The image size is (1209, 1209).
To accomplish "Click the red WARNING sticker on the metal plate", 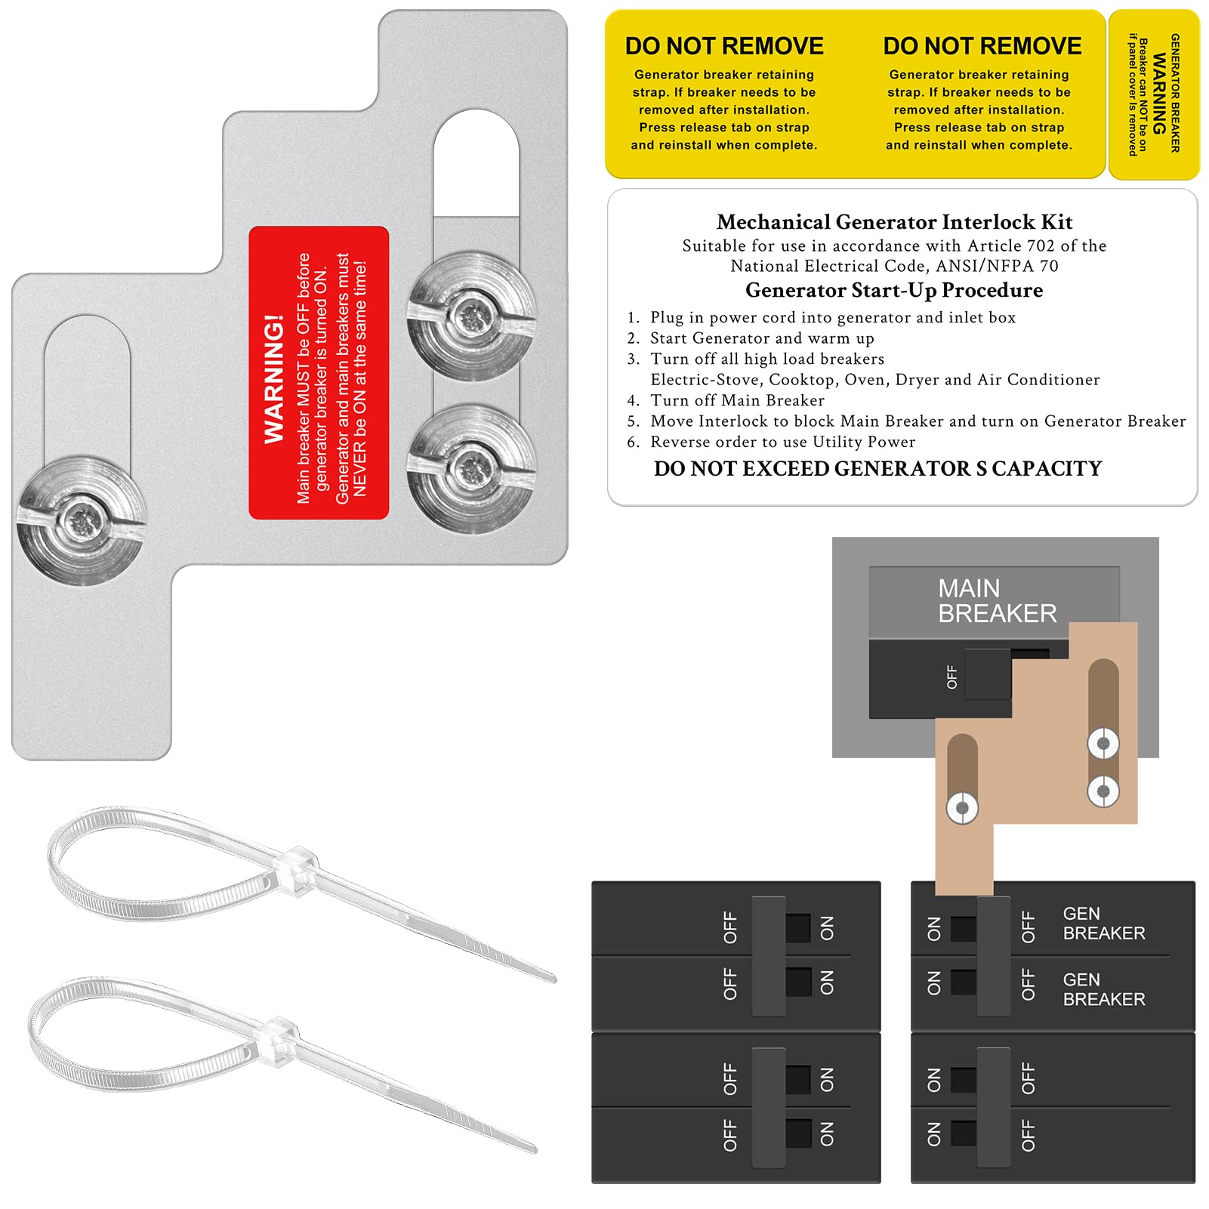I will click(319, 373).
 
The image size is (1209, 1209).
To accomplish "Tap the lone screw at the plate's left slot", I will click(81, 520).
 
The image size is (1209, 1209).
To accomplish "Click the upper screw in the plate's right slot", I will click(471, 315).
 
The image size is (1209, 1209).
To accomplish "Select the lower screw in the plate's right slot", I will click(471, 468).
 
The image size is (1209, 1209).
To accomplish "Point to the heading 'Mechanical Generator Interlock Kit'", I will click(894, 222).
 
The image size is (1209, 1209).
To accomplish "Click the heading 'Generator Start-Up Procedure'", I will click(894, 291).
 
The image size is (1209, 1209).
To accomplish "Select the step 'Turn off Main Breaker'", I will click(737, 400).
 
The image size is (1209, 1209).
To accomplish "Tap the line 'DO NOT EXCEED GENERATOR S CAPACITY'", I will click(877, 469).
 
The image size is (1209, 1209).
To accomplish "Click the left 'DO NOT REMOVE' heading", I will click(724, 47).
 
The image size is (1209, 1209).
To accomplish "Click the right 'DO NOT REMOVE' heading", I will click(982, 47).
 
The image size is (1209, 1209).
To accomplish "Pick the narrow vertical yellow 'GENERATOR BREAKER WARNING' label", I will click(1154, 94).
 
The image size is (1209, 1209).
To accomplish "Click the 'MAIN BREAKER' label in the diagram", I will click(996, 601).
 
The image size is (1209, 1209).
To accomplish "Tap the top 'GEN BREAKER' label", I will click(1103, 924).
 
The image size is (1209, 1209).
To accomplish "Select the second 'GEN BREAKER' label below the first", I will click(1103, 989).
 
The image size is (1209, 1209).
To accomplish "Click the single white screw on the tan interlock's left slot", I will click(962, 808).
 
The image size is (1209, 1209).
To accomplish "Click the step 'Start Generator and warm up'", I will click(762, 338).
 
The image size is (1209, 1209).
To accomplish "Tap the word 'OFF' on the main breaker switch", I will click(951, 677).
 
